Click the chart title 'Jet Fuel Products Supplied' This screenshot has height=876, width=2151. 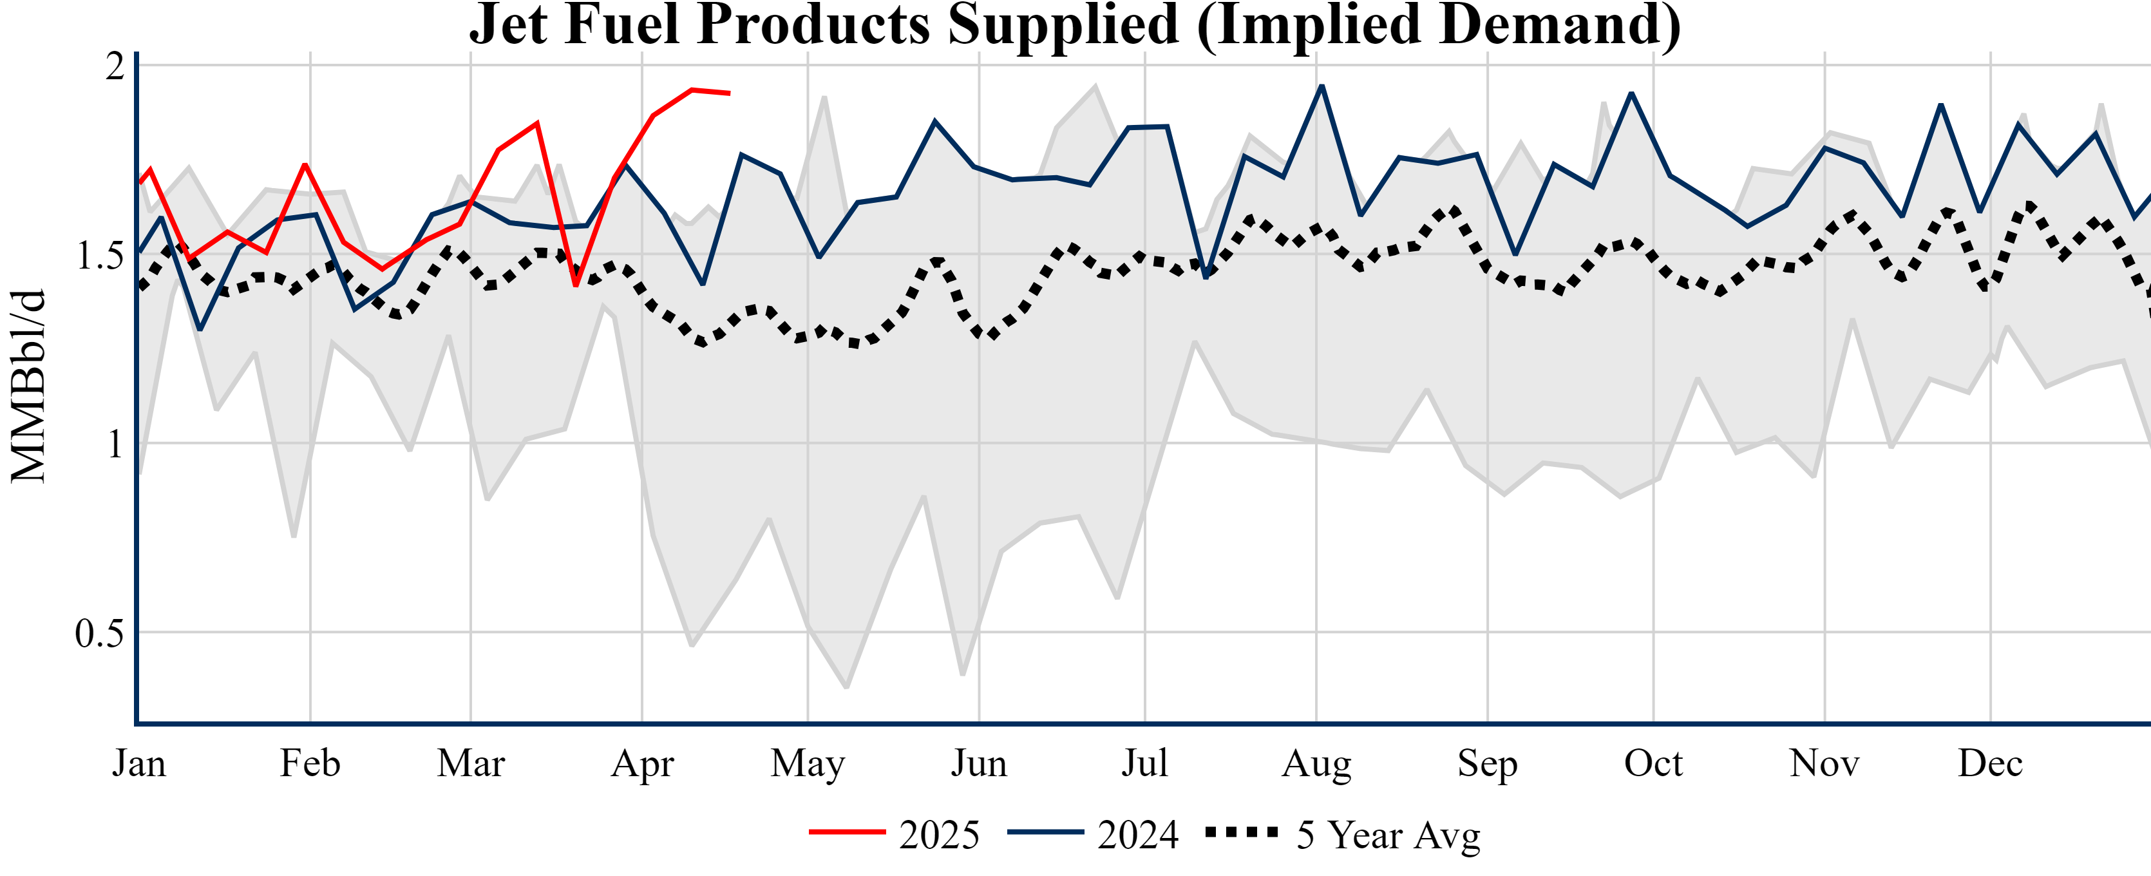(x=1075, y=25)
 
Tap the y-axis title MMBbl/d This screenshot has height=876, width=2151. (x=28, y=386)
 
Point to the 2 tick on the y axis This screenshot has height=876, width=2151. (x=115, y=66)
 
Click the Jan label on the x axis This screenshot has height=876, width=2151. (x=138, y=763)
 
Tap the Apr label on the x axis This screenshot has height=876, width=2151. (x=642, y=763)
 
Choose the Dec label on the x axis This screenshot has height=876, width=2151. (x=1990, y=763)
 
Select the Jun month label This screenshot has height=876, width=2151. (x=979, y=763)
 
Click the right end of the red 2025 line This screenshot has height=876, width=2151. (x=730, y=93)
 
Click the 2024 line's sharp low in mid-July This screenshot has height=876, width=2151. (x=1206, y=277)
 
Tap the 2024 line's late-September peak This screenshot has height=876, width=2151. (x=1632, y=93)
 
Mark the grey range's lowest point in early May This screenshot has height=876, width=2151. (x=847, y=687)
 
